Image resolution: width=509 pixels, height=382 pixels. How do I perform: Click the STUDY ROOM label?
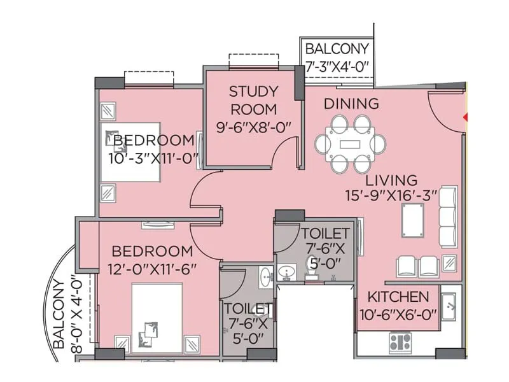point(253,99)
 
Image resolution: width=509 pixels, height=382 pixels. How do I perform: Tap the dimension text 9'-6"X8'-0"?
point(253,126)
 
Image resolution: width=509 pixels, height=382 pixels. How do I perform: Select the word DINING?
point(351,104)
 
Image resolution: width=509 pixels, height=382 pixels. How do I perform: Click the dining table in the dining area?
point(351,143)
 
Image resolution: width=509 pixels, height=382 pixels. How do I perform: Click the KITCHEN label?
point(398,297)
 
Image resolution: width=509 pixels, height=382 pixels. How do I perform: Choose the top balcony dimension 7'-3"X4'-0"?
point(337,66)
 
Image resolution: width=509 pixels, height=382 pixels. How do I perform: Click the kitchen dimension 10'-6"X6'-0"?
point(398,314)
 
